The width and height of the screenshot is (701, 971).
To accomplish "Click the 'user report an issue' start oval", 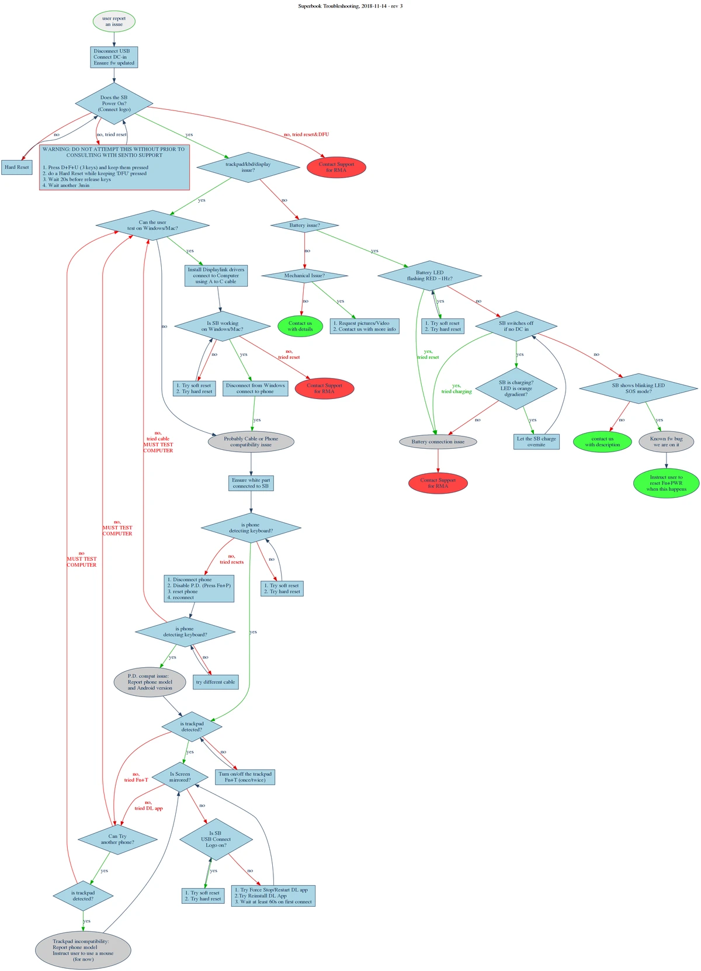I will [114, 22].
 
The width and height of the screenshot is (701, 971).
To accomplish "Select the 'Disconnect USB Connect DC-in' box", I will [114, 57].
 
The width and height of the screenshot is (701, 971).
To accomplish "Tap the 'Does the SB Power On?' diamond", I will [114, 103].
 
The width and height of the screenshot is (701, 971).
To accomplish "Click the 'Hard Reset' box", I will [16, 167].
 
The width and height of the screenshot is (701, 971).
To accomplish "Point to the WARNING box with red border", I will [114, 167].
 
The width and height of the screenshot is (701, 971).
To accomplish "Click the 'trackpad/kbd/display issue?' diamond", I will [248, 167].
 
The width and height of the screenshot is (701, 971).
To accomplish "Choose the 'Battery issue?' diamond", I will [304, 225].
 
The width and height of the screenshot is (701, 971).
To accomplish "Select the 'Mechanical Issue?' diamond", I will [304, 275].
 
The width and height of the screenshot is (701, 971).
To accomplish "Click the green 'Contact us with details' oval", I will [300, 326].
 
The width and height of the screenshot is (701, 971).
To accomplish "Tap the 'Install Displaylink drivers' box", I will [216, 276].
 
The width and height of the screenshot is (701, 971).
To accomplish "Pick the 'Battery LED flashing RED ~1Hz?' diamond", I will [429, 276].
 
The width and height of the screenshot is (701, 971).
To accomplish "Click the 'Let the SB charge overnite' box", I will [536, 442].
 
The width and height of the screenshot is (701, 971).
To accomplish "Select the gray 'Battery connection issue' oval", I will [438, 442].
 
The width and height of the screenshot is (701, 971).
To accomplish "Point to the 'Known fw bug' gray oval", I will [666, 442].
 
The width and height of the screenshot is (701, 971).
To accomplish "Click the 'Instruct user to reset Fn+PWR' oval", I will [666, 483].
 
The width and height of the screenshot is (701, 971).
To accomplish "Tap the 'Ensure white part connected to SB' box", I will [251, 483].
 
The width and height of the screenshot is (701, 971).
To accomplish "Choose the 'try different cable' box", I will [215, 682].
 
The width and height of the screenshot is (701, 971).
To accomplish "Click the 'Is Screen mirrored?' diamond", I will [180, 777].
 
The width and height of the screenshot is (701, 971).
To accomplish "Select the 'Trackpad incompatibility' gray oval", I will [83, 950].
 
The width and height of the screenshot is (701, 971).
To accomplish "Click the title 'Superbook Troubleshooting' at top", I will [350, 6].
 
